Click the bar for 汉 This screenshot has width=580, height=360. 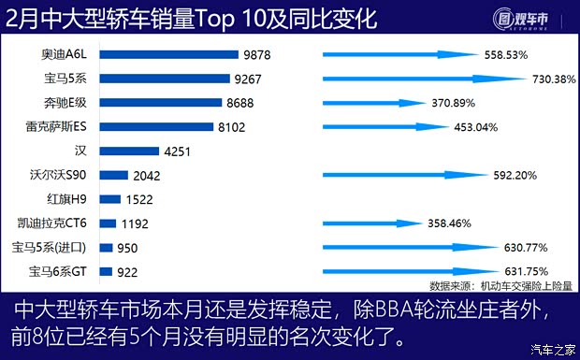pos(127,151)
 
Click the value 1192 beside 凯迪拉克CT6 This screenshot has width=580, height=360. pos(137,223)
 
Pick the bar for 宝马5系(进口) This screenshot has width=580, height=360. pos(105,248)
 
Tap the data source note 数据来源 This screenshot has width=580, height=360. pos(500,285)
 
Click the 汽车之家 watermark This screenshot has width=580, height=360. pos(552,350)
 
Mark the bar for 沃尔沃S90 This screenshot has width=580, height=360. pos(112,175)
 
